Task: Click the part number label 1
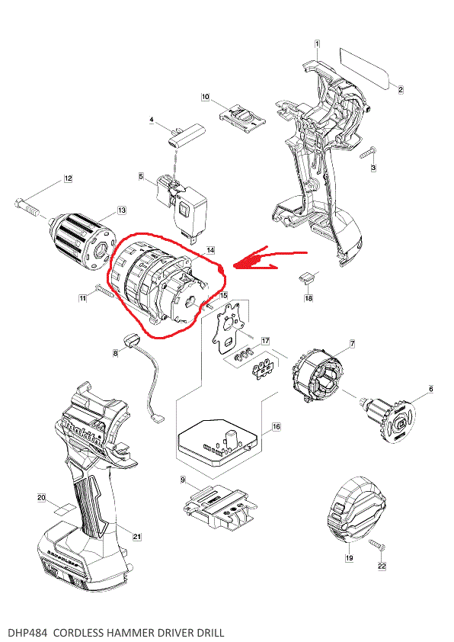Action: (317, 44)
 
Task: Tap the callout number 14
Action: (210, 249)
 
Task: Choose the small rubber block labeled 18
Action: (307, 278)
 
